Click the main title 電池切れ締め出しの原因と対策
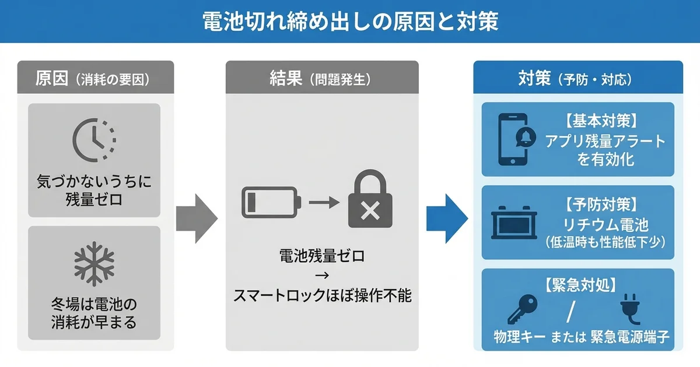[350, 22]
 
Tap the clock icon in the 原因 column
[94, 140]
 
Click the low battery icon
[271, 203]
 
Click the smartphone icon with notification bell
[513, 139]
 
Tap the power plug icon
[629, 308]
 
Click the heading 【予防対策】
[605, 204]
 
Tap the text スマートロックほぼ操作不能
[322, 296]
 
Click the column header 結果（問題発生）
[322, 79]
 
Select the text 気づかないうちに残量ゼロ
[94, 190]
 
